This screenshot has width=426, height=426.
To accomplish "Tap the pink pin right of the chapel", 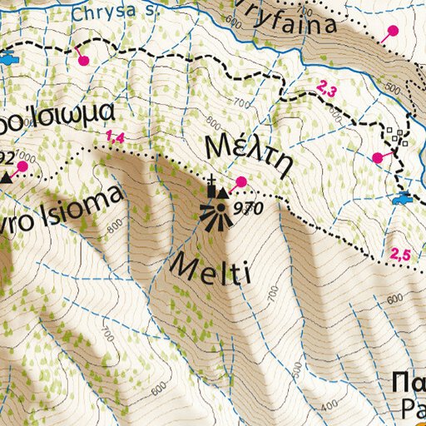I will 241,182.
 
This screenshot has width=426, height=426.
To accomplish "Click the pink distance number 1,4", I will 115,136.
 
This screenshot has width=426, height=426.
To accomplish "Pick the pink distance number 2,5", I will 400,255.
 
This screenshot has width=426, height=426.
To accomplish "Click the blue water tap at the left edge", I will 8,59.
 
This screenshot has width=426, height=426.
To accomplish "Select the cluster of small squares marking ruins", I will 396,136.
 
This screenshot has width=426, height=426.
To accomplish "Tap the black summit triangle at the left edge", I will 7,176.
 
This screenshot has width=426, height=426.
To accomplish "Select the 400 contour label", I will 329,405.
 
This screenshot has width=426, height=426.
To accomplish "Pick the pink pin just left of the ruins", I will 377,156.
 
